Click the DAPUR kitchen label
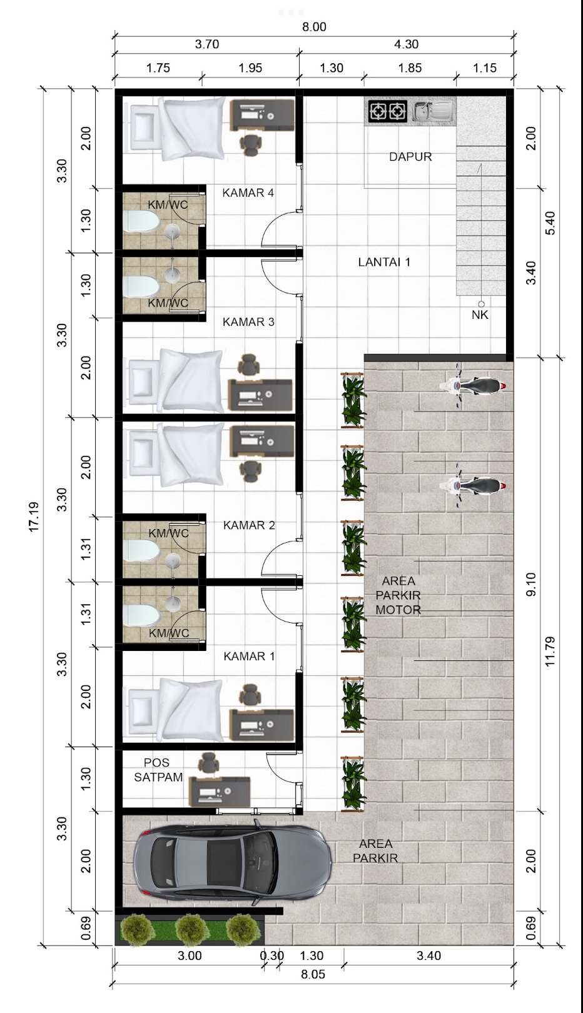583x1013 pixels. [x=410, y=157]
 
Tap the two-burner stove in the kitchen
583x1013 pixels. [x=387, y=112]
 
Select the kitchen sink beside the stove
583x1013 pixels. [x=432, y=112]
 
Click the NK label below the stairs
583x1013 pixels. [x=480, y=315]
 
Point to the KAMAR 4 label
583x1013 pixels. [x=248, y=193]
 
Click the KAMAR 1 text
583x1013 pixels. [x=249, y=657]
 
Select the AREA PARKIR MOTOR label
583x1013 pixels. [x=398, y=595]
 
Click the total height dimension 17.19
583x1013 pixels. [x=34, y=517]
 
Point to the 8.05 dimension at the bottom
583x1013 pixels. [x=313, y=974]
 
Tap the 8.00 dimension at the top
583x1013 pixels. [x=314, y=27]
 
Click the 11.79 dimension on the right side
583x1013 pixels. [x=550, y=652]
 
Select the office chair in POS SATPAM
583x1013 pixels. [x=208, y=764]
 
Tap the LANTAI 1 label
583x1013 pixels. [x=384, y=262]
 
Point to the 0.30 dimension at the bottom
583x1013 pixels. [x=271, y=955]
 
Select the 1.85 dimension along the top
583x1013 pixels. [x=410, y=68]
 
